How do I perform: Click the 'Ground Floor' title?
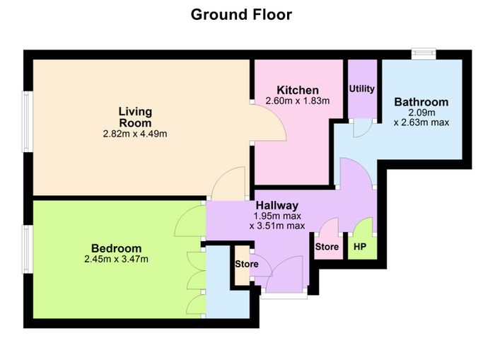click(242, 15)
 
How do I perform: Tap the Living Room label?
click(135, 117)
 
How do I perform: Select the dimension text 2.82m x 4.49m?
click(135, 134)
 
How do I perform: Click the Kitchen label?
click(298, 90)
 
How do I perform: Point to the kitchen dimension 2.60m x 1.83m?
click(298, 100)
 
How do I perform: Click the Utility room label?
click(362, 88)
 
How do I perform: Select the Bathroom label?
click(421, 102)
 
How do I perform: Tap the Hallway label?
click(277, 205)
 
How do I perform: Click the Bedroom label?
click(116, 248)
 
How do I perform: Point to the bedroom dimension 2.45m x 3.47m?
click(116, 260)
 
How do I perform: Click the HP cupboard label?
click(360, 247)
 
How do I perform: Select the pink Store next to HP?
click(327, 247)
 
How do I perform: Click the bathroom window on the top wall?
click(424, 53)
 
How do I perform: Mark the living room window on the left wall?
click(27, 122)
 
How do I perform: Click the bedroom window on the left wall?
click(27, 249)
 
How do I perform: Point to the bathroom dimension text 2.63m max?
click(421, 122)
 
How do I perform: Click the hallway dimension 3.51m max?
click(277, 226)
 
